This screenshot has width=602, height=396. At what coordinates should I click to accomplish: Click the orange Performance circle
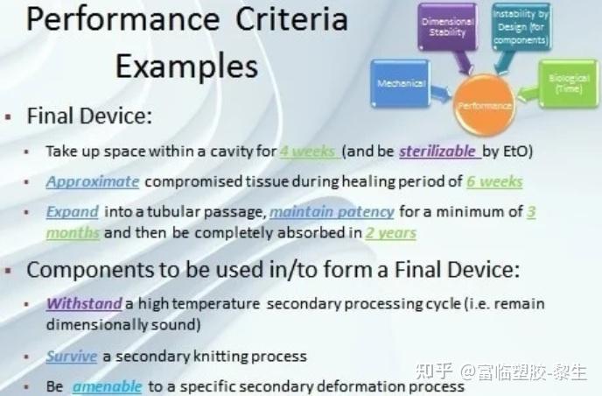coord(483,105)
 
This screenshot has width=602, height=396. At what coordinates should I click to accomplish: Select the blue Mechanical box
coord(402,85)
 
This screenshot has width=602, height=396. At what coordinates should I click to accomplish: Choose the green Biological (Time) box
coord(569,84)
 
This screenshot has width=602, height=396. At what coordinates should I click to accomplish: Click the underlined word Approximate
coord(93,182)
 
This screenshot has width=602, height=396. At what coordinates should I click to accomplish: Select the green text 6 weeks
coord(493,182)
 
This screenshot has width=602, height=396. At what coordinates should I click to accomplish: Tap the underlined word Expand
coord(73,212)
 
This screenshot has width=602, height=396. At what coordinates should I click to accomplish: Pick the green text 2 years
coord(391,234)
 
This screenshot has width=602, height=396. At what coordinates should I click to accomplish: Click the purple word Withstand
coord(84,304)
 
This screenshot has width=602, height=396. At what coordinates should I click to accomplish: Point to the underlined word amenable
coord(106,386)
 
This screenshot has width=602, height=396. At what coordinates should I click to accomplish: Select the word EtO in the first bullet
coord(519,151)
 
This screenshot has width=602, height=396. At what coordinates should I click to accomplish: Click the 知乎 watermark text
coord(441,375)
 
